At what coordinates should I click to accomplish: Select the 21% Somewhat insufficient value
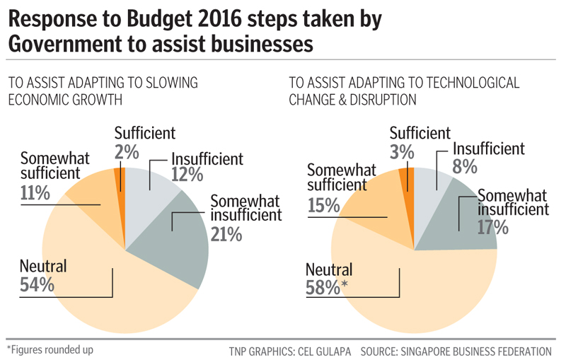point(226,233)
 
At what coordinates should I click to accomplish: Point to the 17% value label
point(492,227)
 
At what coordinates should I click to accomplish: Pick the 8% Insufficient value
point(466,168)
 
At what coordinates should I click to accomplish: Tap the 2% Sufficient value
point(125,151)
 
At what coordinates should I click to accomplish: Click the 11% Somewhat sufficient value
point(35,191)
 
